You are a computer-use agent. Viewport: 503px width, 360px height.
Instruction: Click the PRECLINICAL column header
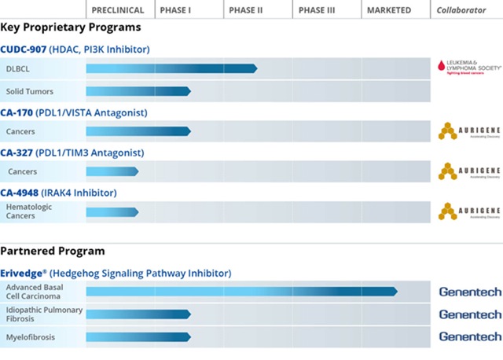(118, 10)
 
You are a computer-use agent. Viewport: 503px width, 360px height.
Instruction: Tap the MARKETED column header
(388, 10)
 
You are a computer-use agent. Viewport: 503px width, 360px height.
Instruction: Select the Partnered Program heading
(53, 252)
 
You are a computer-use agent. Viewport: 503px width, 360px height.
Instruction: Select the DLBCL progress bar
(171, 68)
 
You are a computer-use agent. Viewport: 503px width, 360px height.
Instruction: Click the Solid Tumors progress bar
(138, 91)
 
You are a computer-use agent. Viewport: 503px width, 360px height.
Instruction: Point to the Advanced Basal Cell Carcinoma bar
(241, 292)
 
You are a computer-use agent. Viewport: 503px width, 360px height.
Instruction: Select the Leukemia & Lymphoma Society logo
(468, 68)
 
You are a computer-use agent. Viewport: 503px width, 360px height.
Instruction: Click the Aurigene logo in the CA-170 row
(468, 131)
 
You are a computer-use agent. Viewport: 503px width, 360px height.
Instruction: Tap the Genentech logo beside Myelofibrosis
(469, 337)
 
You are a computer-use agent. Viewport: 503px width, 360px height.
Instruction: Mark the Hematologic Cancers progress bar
(112, 211)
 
